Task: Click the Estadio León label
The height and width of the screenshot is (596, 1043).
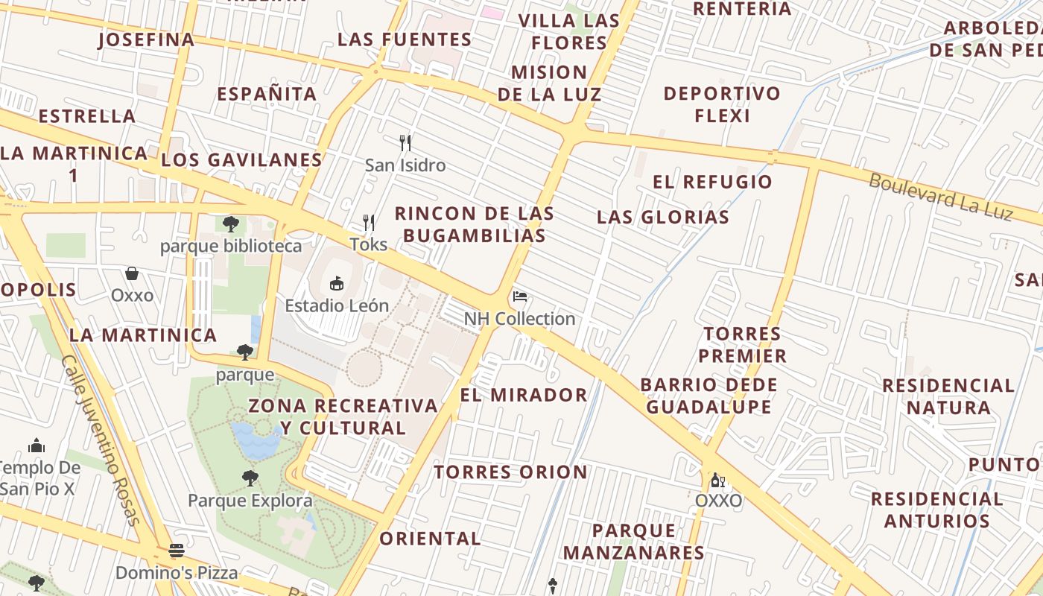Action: point(337,305)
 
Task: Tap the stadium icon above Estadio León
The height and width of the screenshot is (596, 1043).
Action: point(337,283)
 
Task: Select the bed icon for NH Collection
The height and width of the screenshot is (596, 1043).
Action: point(520,297)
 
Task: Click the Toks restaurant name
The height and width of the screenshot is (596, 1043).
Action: point(369,244)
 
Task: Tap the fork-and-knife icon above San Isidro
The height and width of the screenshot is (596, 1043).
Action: point(405,142)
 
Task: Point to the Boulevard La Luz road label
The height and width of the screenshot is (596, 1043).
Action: point(941,197)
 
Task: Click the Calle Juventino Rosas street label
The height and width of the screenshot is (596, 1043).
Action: point(101,440)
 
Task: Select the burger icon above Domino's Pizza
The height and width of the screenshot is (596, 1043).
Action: point(177,551)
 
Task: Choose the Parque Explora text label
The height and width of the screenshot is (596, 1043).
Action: point(250,500)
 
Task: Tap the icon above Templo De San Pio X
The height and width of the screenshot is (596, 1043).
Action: point(37,446)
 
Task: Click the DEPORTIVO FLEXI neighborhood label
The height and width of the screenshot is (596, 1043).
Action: point(722,104)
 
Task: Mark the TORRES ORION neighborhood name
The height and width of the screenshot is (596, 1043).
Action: point(511,472)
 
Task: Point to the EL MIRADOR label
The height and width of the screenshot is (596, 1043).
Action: point(524,395)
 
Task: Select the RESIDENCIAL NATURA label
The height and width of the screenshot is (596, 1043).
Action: point(948,396)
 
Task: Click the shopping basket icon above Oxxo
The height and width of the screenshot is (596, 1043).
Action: point(132,274)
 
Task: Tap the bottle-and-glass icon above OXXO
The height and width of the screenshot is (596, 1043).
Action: point(717,480)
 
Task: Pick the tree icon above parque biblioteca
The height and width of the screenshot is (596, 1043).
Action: point(231,223)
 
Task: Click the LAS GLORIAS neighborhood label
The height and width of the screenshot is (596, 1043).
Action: point(663,218)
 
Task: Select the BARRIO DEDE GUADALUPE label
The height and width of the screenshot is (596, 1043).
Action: point(708,396)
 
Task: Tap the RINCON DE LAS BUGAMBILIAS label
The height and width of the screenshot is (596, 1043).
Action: point(474,224)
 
